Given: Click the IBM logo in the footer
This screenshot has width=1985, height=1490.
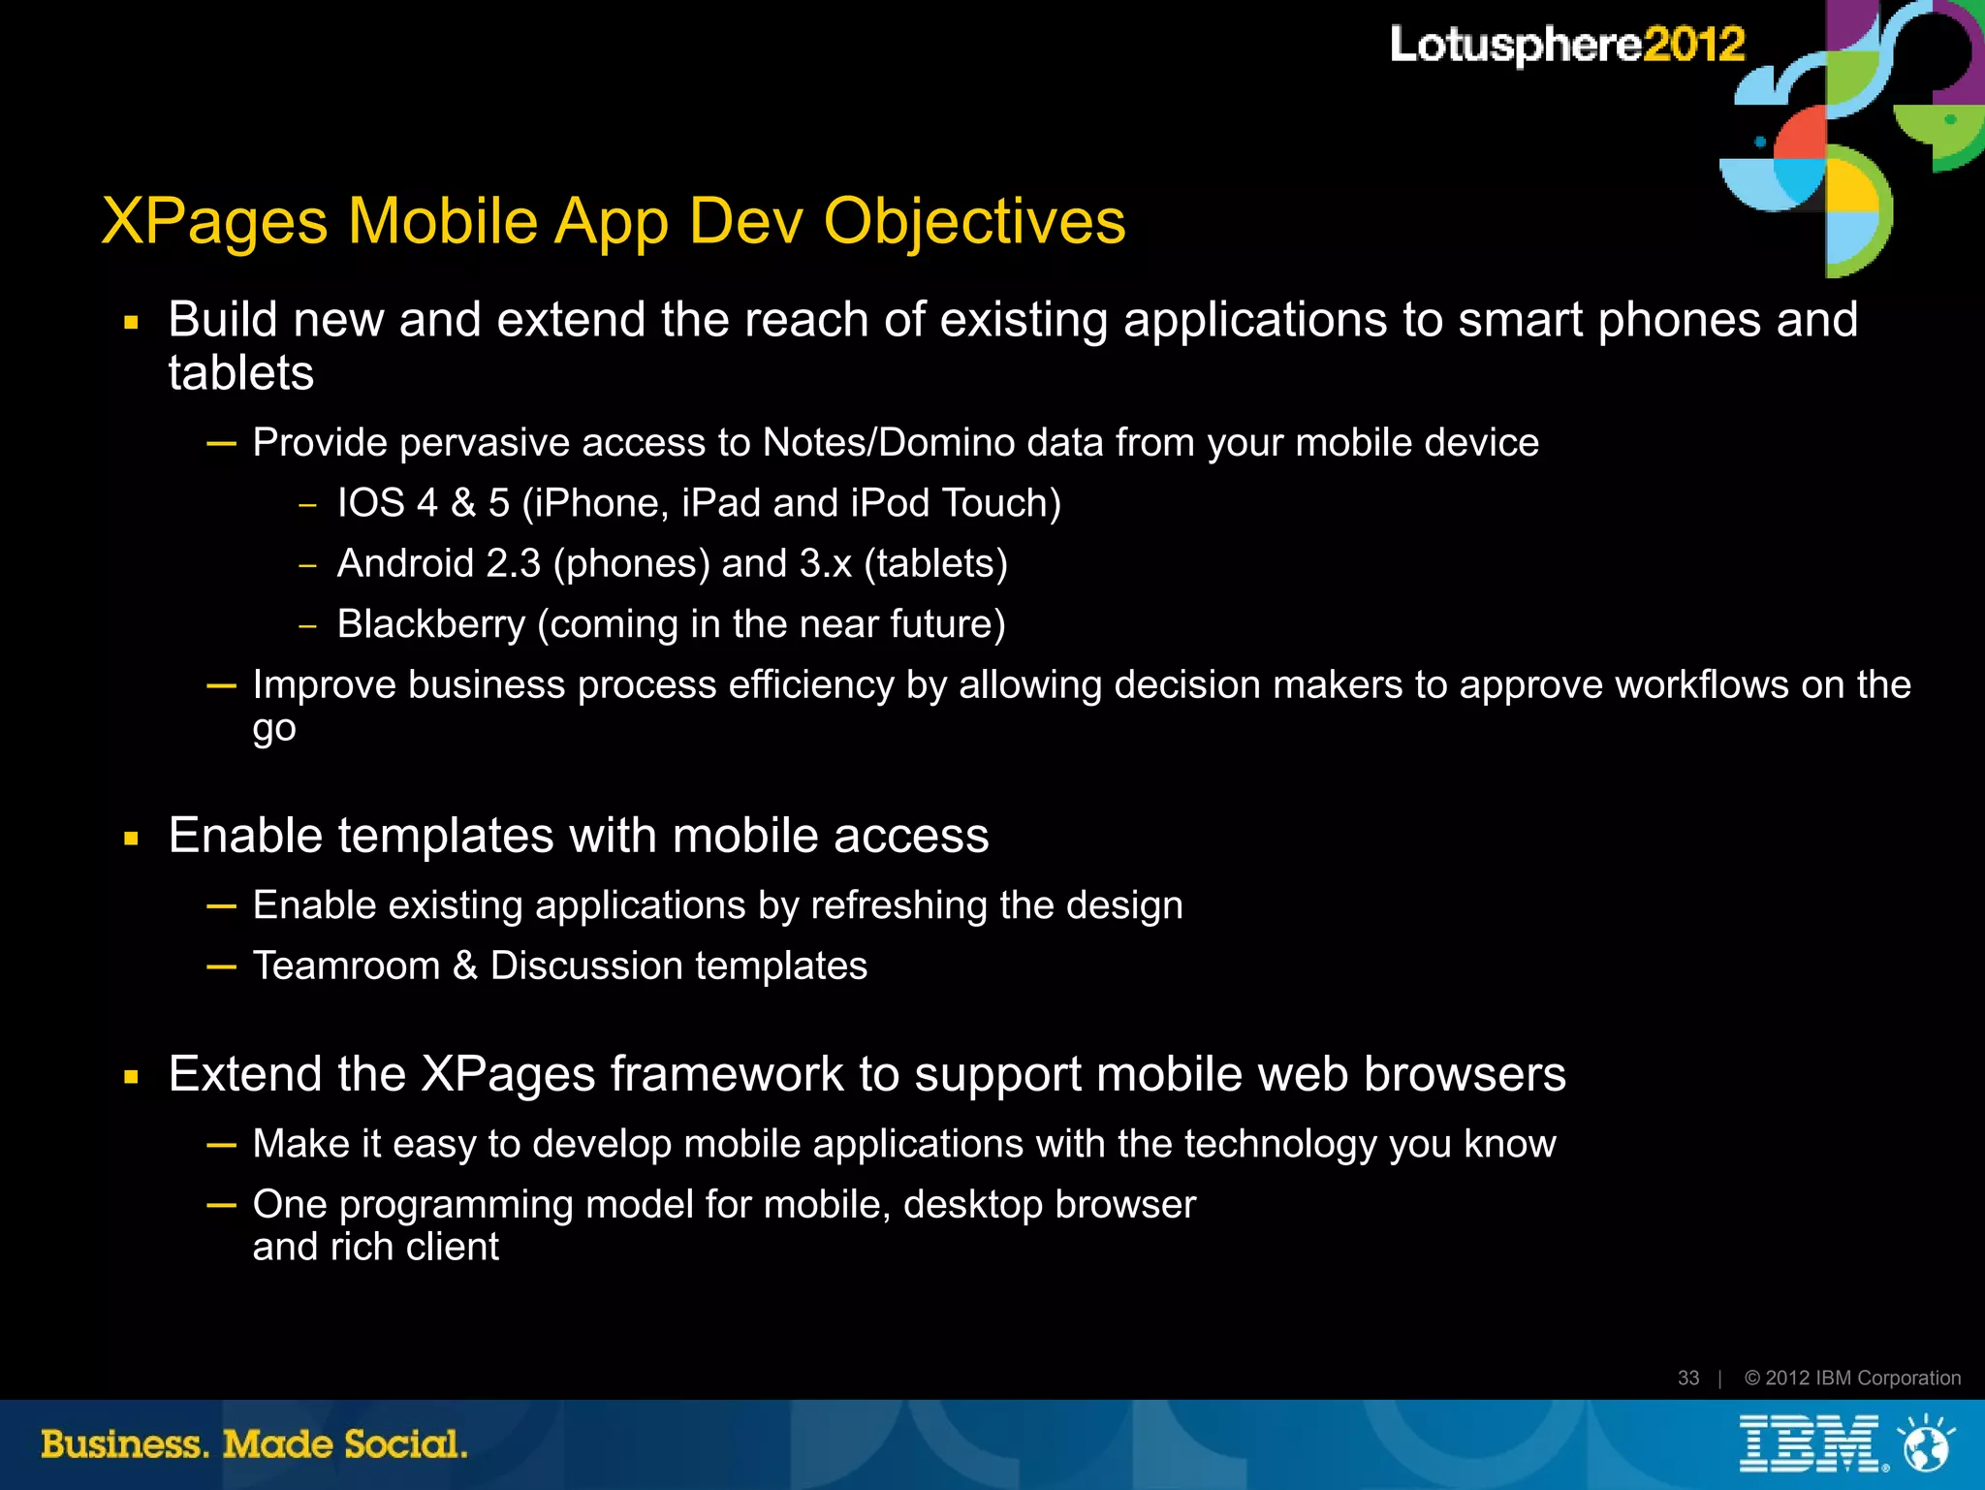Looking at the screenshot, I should tap(1809, 1443).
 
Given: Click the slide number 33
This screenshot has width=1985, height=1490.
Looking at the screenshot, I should tap(1687, 1378).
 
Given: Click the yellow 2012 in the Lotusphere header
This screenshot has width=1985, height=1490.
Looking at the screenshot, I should tap(1695, 45).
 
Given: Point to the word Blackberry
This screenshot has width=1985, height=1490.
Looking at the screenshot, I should tap(430, 624).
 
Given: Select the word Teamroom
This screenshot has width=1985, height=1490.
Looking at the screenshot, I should tap(346, 966).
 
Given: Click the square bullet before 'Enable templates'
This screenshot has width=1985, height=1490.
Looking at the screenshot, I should tap(132, 839).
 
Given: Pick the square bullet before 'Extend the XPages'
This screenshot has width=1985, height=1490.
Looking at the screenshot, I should tap(132, 1076).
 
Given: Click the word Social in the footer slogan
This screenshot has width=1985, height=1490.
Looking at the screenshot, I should tap(406, 1444).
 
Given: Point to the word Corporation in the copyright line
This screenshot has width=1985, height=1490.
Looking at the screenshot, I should tap(1908, 1378).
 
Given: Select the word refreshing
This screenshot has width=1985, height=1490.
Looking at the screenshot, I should tap(898, 905).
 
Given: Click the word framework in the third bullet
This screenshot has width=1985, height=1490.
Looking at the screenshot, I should tap(726, 1074).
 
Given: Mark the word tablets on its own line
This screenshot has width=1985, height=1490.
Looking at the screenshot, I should tap(241, 373).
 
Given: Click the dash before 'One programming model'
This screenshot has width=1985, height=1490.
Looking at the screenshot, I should tap(221, 1205).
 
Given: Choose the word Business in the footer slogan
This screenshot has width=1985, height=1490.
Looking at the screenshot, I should tap(124, 1444).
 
